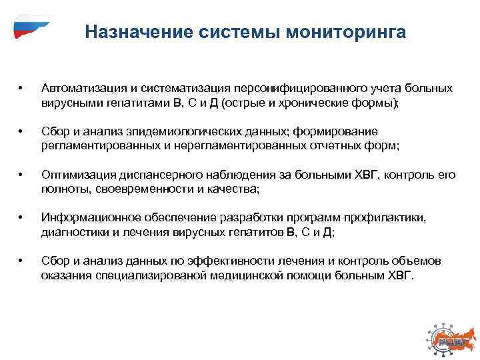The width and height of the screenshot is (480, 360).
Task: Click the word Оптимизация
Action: pos(77,175)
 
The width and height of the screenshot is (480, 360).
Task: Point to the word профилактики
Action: pos(389,217)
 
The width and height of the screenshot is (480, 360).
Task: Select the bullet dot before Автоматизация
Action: pos(21,89)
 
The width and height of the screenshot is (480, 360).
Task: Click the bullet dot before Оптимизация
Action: pos(21,175)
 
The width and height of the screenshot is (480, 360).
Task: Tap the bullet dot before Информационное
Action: pos(21,218)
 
